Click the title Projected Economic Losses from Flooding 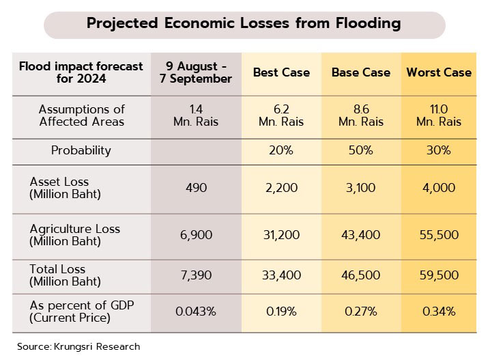(243, 23)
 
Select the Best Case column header (281, 72)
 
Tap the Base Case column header (360, 72)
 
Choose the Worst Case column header (439, 72)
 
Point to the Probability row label (81, 150)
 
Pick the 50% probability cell (360, 150)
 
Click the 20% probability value (281, 150)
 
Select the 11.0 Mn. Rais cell (439, 115)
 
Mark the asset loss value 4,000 (439, 188)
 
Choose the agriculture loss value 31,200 (281, 235)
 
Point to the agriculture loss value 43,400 (360, 235)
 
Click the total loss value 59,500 (439, 275)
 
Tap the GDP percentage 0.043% (196, 311)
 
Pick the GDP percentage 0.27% (360, 311)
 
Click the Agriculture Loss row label (74, 235)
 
